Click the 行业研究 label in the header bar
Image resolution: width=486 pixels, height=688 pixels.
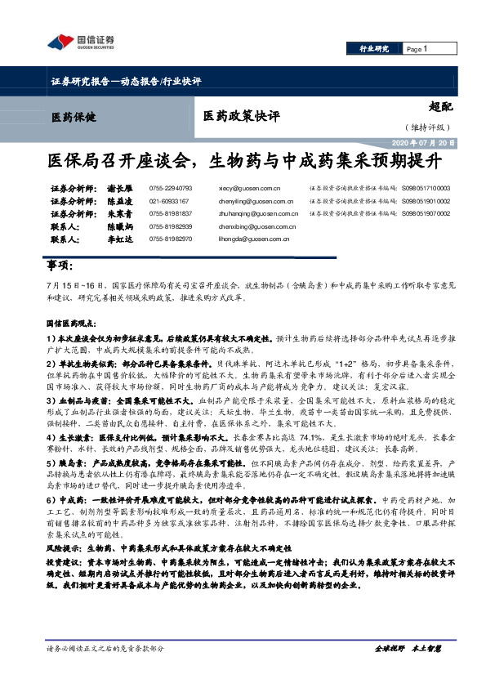tap(374, 49)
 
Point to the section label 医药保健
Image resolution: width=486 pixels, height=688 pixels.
tap(74, 117)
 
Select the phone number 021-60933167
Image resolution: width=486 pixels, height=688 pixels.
tap(169, 200)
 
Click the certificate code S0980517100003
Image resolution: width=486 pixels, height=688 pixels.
tap(426, 187)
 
